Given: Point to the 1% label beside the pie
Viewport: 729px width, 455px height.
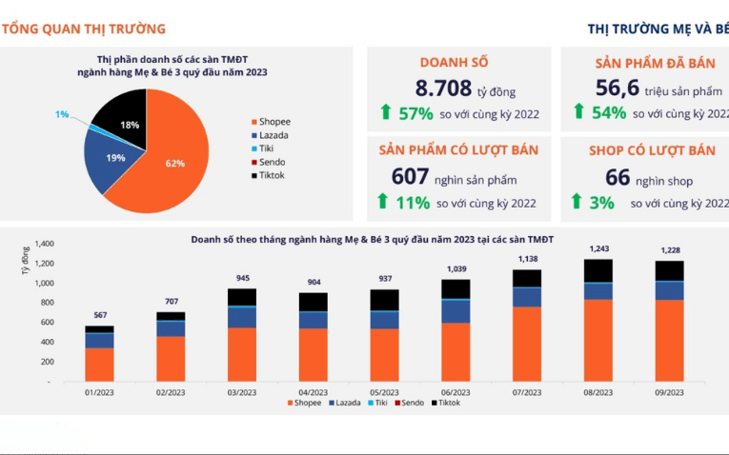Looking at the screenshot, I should tap(62, 115).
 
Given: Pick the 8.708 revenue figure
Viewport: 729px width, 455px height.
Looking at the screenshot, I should tap(444, 89).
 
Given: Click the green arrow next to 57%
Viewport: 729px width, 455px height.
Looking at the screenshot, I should tap(385, 112).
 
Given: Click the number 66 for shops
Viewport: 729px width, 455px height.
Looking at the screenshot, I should tap(618, 177).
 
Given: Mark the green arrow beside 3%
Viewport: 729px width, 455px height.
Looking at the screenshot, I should tap(577, 201).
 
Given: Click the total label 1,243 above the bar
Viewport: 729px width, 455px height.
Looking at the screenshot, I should tap(599, 248).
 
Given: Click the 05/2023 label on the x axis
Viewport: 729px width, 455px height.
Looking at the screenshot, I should tap(384, 392).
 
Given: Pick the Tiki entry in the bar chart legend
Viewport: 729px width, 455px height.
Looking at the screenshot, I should tap(378, 403).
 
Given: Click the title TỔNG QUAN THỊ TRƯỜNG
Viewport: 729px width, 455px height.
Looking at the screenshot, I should tap(84, 30).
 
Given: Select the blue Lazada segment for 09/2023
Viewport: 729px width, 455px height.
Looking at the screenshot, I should tap(670, 290).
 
